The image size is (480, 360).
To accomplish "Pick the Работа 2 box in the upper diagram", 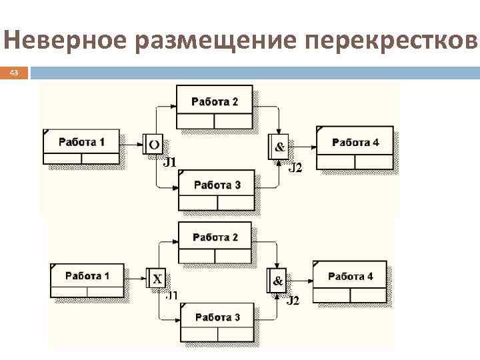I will coord(214,106).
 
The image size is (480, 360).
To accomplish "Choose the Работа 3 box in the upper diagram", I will coord(217,189).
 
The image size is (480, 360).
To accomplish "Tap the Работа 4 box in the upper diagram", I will coord(355,147).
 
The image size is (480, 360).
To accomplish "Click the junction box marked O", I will coord(152,144).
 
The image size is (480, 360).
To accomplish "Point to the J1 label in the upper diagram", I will coord(169,161).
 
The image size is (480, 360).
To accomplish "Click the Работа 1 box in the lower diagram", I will coord(87,280).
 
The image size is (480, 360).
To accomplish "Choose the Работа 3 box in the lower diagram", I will coord(217,321).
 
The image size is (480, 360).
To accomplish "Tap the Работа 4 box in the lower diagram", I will coord(349,281).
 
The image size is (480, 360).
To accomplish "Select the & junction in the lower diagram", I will coord(277,281).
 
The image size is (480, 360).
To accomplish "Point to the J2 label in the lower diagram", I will coord(293,301).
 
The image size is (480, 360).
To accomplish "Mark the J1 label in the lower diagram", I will coord(172,295).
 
